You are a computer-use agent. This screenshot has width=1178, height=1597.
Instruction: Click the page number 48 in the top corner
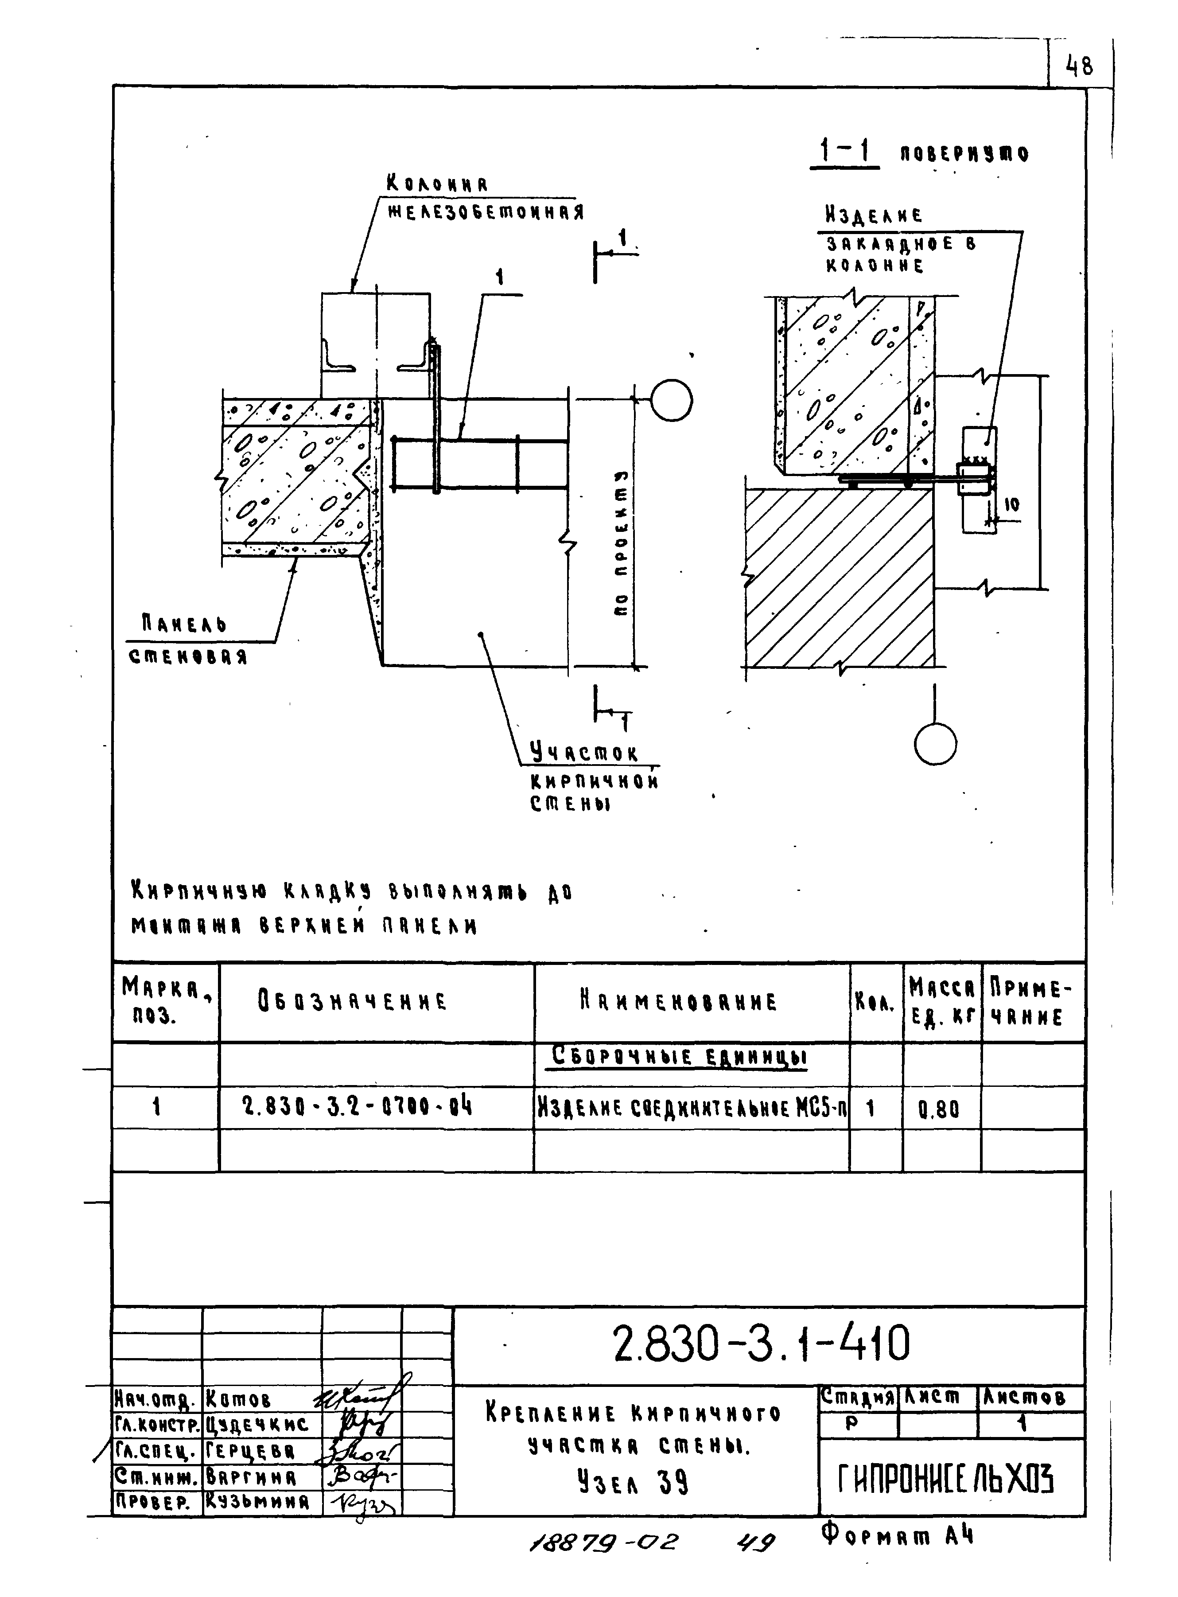pos(1079,67)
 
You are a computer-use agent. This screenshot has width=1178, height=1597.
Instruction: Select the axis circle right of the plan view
pos(671,401)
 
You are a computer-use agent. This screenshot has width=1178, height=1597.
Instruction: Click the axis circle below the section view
pos(935,744)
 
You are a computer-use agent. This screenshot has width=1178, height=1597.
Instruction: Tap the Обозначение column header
pos(352,1001)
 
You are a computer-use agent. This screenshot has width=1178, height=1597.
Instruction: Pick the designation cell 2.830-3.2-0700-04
pos(357,1107)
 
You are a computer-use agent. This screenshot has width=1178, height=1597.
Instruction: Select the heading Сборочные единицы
pos(680,1057)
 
